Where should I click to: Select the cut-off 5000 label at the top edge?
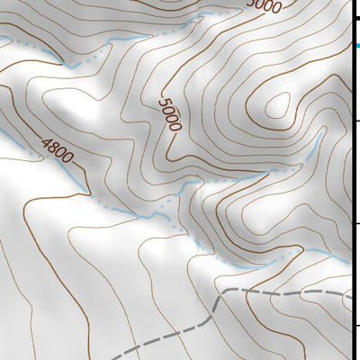coord(263,7)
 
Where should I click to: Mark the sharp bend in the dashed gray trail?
coord(219,297)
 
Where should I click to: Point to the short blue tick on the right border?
coord(356,45)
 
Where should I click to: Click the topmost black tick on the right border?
coord(356,16)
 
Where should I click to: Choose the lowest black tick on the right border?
coord(356,326)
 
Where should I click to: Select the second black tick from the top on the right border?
coord(356,120)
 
